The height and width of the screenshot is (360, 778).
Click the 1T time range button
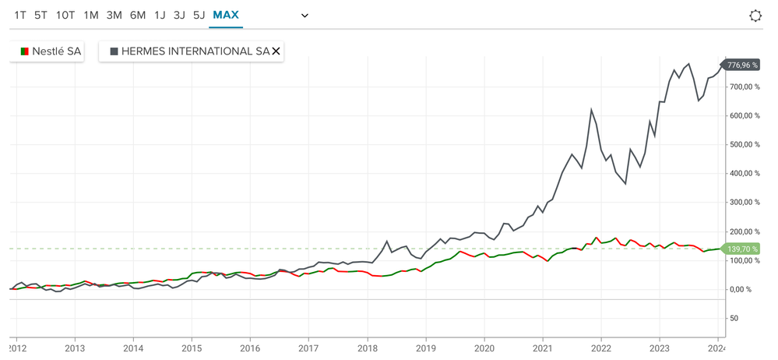(20, 15)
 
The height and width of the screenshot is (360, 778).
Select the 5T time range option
(41, 15)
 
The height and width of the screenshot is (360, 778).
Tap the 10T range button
(65, 15)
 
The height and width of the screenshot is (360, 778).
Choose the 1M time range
(91, 15)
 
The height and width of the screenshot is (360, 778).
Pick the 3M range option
(114, 15)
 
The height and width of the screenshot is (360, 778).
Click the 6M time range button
(138, 15)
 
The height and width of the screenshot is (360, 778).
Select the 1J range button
(160, 15)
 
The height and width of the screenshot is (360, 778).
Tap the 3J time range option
(179, 15)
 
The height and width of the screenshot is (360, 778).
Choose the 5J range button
(199, 15)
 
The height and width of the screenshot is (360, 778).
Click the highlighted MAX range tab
(226, 15)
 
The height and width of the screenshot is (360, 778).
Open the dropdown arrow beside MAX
(305, 16)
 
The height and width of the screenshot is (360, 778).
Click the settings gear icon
(754, 16)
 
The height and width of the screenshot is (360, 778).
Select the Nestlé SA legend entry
(51, 51)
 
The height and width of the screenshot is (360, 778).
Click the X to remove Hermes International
(276, 51)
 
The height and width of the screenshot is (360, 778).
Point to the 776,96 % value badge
(742, 65)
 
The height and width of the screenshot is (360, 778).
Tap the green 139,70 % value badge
(742, 249)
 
